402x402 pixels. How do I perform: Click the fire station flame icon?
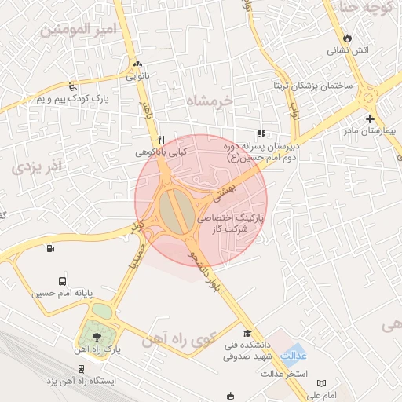click(348, 38)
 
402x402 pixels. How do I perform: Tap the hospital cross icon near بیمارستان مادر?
click(370, 118)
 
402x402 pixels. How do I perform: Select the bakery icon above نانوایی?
click(138, 65)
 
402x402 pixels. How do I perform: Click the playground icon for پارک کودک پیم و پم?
click(73, 86)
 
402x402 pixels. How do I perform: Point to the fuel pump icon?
click(51, 250)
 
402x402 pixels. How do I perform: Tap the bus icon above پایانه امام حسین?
click(62, 281)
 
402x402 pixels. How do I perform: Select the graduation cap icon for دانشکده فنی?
click(248, 333)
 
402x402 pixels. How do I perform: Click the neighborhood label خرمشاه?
click(211, 100)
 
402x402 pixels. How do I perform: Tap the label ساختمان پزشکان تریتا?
click(312, 85)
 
